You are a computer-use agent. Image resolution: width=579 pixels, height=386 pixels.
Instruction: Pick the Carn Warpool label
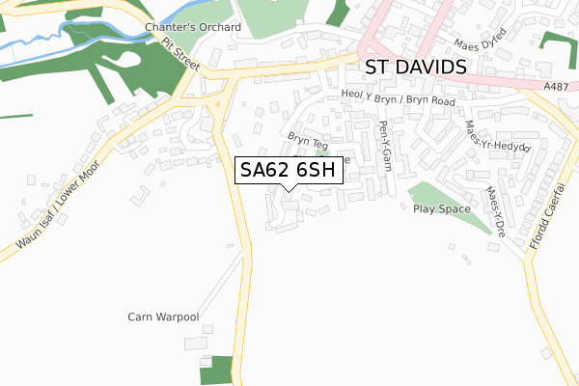pyautogui.click(x=163, y=317)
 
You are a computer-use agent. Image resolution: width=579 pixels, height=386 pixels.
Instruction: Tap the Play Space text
pyautogui.click(x=441, y=208)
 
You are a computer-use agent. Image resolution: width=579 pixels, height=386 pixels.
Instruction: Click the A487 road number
pyautogui.click(x=556, y=86)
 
